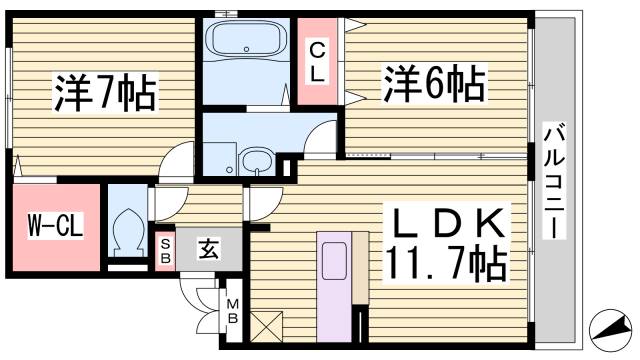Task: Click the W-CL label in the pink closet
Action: pos(53,226)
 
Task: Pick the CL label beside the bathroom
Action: pos(316,60)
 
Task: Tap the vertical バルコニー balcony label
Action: pos(552,180)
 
